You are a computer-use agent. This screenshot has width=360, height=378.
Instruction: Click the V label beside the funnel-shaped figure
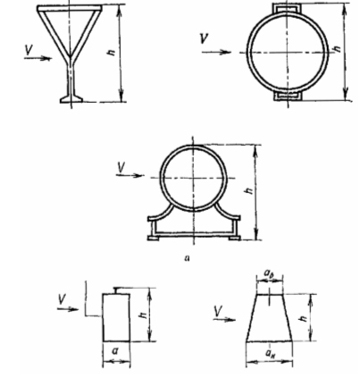29,50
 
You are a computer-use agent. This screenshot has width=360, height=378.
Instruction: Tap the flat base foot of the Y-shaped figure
71,99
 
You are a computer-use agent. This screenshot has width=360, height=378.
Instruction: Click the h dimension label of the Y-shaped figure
112,53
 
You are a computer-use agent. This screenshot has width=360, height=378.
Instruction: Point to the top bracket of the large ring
288,8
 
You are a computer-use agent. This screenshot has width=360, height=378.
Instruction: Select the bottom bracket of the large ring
288,96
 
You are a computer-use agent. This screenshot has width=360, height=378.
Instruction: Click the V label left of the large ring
205,38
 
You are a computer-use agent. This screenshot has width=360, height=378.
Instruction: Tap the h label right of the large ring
337,48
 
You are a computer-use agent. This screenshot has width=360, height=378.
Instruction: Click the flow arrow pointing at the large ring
216,53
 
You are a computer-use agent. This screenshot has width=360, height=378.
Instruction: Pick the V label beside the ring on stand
121,167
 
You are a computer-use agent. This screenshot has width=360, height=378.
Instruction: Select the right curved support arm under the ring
226,212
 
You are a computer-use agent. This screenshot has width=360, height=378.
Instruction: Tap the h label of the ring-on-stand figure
249,190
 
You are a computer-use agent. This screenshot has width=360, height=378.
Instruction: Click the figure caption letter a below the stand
187,258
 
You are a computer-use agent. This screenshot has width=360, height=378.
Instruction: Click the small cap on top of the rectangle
122,290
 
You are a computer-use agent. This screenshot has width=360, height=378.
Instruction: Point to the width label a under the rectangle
115,351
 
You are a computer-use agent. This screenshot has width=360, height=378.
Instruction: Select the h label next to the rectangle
144,314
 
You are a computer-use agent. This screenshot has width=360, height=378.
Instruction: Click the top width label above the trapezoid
269,273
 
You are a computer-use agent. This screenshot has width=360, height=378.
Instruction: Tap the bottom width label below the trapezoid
270,354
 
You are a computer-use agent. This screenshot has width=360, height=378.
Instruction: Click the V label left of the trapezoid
218,312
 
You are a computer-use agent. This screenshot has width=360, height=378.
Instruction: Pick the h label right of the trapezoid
304,318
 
